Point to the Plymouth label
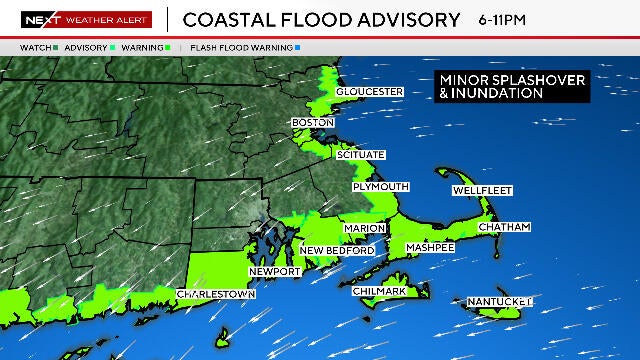pyautogui.click(x=380, y=187)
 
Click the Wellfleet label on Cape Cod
pyautogui.click(x=482, y=190)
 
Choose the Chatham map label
pyautogui.click(x=504, y=227)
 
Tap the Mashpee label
pyautogui.click(x=430, y=247)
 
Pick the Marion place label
pyautogui.click(x=364, y=229)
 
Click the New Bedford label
pyautogui.click(x=337, y=250)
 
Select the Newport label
pyautogui.click(x=274, y=272)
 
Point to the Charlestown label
pyautogui.click(x=215, y=295)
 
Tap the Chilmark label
pyautogui.click(x=379, y=291)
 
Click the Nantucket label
pyautogui.click(x=499, y=301)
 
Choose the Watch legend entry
pyautogui.click(x=36, y=47)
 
